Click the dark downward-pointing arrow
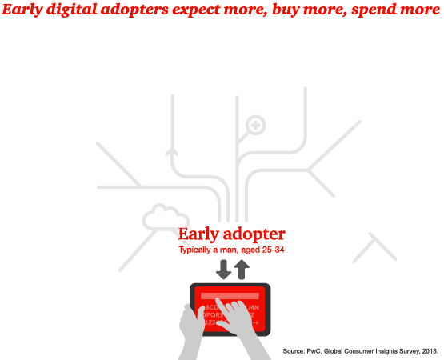pos(223,269)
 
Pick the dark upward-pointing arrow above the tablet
pos(241,269)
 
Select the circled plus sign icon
pos(255,125)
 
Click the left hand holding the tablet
pos(193,328)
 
